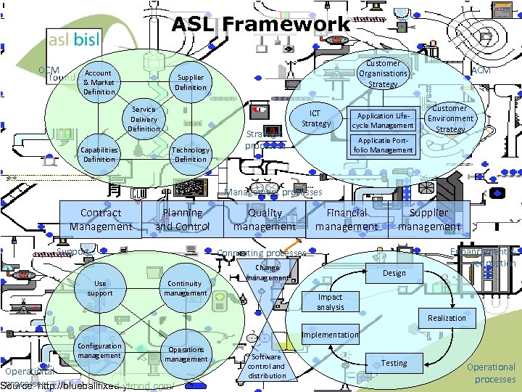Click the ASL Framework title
pyautogui.click(x=260, y=24)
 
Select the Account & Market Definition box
pyautogui.click(x=99, y=82)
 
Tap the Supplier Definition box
pyautogui.click(x=191, y=82)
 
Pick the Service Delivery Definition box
pyautogui.click(x=144, y=119)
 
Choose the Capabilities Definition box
pyautogui.click(x=99, y=155)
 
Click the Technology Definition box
pyautogui.click(x=191, y=155)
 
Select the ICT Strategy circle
pyautogui.click(x=316, y=118)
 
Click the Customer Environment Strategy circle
pyautogui.click(x=450, y=118)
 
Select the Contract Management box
pyautogui.click(x=101, y=219)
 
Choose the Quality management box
pyautogui.click(x=265, y=219)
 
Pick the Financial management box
pyautogui.click(x=347, y=219)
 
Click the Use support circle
pyautogui.click(x=100, y=288)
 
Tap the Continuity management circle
pyautogui.click(x=185, y=288)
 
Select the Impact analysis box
pyautogui.click(x=330, y=302)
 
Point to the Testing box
pyautogui.click(x=394, y=363)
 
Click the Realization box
pyautogui.click(x=447, y=318)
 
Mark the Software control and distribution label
pyautogui.click(x=267, y=366)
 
